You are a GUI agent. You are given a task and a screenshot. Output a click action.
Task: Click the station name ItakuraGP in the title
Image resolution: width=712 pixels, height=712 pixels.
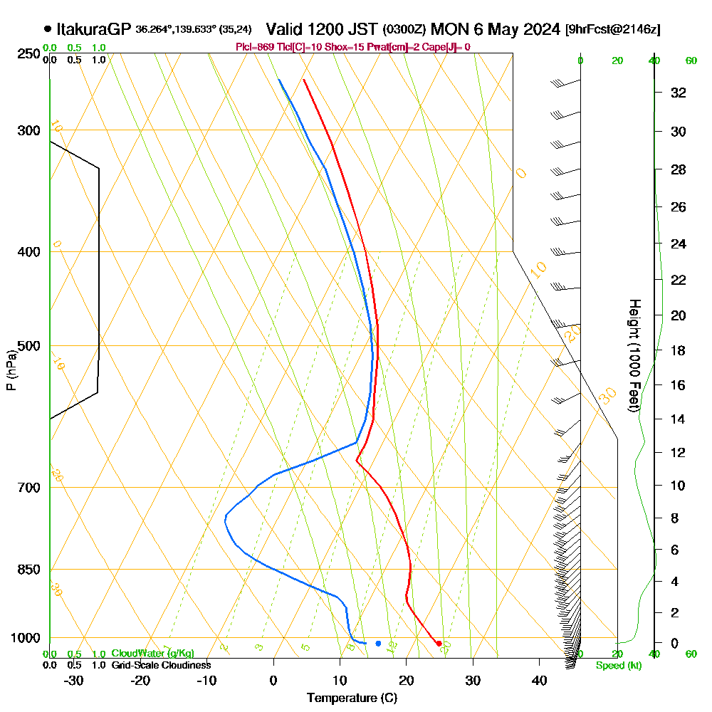pos(93,29)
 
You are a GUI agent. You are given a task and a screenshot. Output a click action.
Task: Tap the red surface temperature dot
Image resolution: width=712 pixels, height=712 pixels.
pos(439,644)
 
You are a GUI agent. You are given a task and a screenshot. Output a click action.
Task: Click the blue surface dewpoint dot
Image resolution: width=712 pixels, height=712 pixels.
pos(378,644)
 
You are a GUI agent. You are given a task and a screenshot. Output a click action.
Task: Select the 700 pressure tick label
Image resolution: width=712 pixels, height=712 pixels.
pos(29,488)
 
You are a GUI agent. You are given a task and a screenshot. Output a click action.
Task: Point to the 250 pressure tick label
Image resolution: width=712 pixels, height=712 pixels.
pos(29,54)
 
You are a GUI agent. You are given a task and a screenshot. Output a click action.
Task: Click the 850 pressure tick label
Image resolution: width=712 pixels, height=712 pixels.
pos(29,570)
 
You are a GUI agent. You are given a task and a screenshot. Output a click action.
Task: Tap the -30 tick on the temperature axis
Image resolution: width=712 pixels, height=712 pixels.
pos(74,680)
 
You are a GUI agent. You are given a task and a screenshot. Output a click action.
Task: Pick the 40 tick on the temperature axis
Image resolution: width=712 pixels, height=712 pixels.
pos(539,680)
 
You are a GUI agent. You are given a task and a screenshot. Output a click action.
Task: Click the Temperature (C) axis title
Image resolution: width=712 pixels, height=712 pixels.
pos(352,698)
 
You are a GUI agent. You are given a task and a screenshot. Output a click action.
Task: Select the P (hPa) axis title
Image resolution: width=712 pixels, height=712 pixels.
pos(11,370)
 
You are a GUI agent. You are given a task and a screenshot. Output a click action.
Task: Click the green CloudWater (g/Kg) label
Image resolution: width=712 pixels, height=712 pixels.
pos(152,654)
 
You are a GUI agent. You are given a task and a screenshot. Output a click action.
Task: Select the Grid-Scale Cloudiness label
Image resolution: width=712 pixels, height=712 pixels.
pos(161,665)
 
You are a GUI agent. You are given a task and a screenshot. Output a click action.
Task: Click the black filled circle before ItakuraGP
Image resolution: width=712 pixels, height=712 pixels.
pos(47,29)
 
